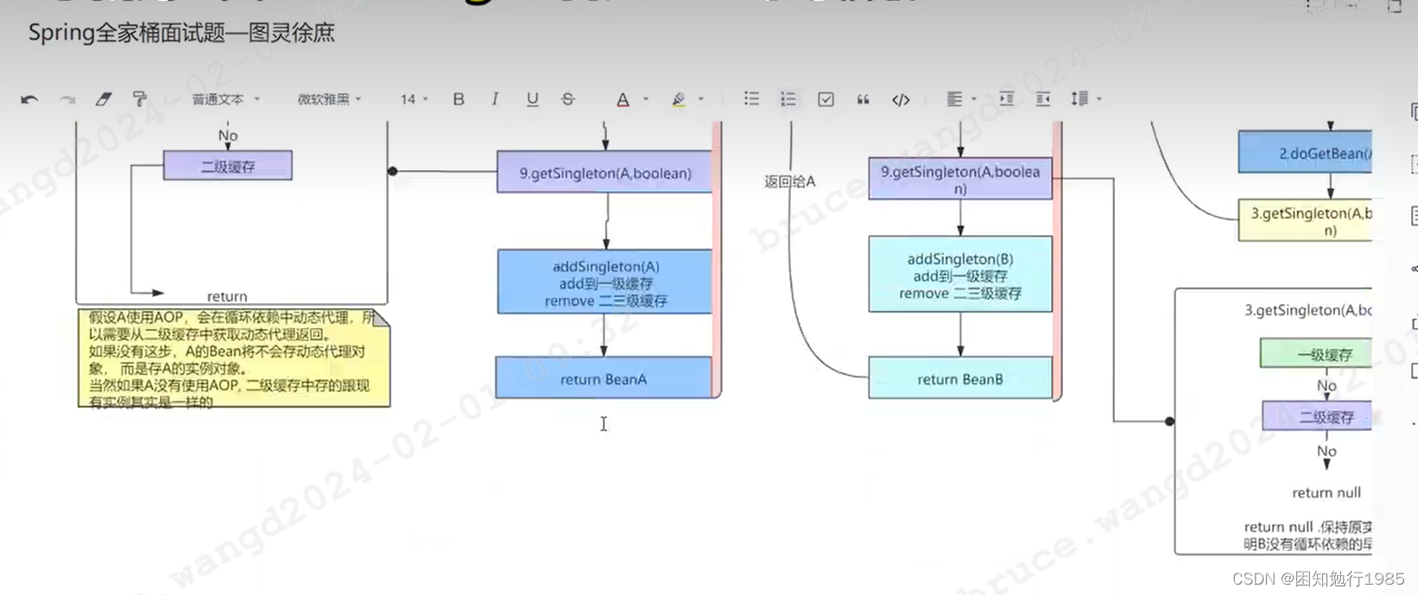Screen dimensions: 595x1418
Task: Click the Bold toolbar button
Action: click(459, 99)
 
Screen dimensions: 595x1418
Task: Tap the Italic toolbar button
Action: click(495, 99)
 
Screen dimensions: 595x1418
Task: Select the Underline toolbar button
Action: click(532, 99)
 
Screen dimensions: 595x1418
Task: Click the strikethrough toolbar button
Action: click(568, 99)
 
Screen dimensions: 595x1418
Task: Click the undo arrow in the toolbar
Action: click(29, 99)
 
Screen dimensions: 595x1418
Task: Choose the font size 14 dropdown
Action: click(414, 99)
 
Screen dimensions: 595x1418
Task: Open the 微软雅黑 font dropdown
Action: click(329, 99)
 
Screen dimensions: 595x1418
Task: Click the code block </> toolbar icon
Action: click(901, 99)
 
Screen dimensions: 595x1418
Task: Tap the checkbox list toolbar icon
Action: click(826, 99)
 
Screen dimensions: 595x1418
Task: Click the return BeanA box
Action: click(604, 378)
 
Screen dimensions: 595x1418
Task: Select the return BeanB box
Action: click(959, 378)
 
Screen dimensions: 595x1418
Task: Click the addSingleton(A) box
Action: click(605, 282)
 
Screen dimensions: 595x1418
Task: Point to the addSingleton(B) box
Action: click(959, 275)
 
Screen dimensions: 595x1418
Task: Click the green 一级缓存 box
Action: click(1316, 354)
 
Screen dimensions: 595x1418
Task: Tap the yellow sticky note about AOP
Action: click(233, 358)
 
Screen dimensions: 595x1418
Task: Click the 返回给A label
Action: click(789, 181)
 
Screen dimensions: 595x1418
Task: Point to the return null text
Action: click(1326, 492)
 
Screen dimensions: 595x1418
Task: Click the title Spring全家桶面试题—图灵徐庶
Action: click(181, 33)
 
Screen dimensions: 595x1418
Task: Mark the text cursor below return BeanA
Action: click(604, 423)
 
